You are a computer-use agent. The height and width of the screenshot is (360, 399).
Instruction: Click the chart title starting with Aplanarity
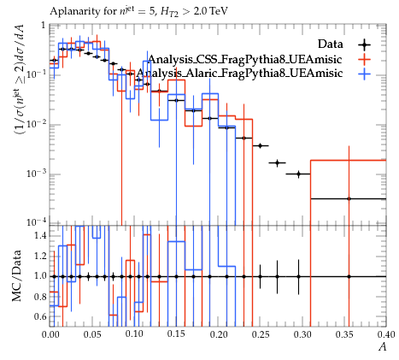(x=138, y=12)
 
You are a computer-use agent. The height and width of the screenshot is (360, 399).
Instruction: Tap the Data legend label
(x=331, y=44)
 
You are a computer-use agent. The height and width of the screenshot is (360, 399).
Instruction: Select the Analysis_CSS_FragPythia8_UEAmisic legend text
(x=245, y=59)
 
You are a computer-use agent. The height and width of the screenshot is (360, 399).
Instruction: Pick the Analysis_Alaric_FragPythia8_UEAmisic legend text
(x=239, y=73)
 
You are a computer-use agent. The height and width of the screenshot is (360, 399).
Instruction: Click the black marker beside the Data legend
(x=364, y=44)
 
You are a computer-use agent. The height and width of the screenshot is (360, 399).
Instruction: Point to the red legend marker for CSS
(x=364, y=59)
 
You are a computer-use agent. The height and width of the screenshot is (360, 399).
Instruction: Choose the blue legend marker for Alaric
(x=364, y=74)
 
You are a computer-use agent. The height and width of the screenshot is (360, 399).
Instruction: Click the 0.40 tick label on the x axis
(x=386, y=334)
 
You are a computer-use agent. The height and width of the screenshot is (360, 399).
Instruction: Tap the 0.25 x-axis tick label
(x=261, y=334)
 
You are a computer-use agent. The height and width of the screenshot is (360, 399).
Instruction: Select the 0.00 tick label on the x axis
(x=50, y=334)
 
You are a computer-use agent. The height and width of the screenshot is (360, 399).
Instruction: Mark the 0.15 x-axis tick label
(x=176, y=334)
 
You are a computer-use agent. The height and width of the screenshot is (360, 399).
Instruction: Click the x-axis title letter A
(x=383, y=346)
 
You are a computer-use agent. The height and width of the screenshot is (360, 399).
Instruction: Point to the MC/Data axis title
(x=16, y=276)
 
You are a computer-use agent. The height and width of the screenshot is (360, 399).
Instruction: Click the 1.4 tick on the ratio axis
(x=41, y=236)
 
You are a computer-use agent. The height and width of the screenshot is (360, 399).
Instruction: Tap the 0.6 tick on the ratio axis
(x=41, y=316)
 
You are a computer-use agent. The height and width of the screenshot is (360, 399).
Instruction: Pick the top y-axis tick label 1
(x=44, y=26)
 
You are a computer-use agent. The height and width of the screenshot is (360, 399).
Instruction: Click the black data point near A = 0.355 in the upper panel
(x=349, y=198)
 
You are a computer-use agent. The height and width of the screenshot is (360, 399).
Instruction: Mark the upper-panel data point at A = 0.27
(x=277, y=162)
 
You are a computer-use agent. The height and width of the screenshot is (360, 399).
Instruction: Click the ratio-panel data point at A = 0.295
(x=298, y=276)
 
